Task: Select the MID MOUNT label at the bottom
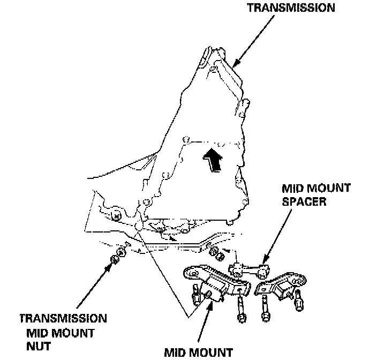coord(199,352)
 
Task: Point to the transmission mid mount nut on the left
coord(115,259)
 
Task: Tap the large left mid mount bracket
coord(214,281)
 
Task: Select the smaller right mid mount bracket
coord(281,287)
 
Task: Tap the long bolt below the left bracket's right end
coord(240,311)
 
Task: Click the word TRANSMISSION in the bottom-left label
coord(63,319)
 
